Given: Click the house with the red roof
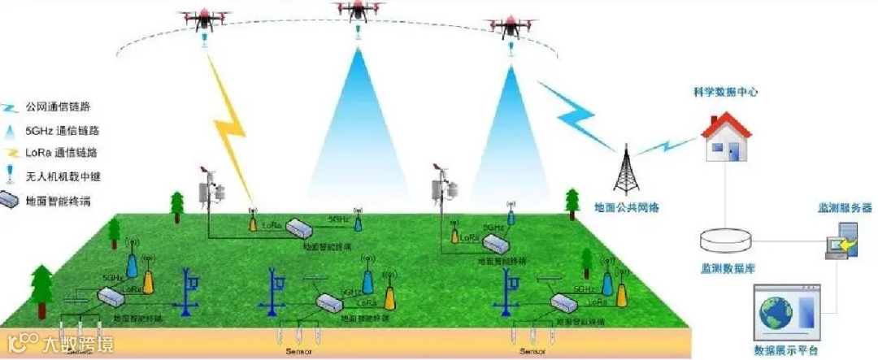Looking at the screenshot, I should coord(726,137).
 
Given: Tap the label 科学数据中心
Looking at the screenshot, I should coord(720,93).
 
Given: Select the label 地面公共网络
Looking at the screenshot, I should coord(626,208).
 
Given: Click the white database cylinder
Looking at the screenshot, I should coord(728,240).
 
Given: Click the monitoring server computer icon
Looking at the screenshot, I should coord(840,240).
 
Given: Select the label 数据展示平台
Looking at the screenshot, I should coord(786,350).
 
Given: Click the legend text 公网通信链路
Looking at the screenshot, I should coord(57,106).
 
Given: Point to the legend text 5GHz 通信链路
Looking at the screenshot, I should coord(59,130).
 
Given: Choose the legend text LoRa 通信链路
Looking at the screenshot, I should coord(59,152).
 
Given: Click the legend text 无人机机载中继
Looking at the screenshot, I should coord(59,175).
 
